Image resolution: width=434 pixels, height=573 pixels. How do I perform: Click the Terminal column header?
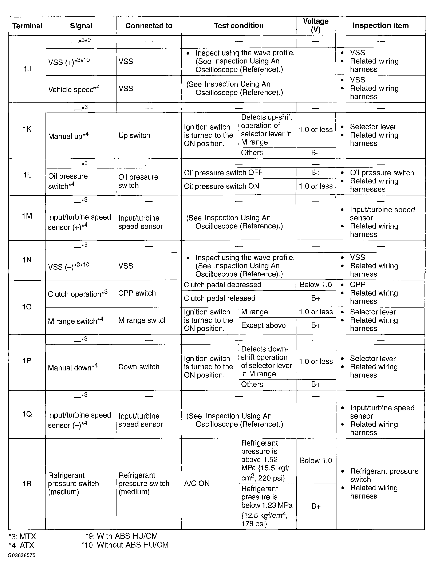[x=27, y=26]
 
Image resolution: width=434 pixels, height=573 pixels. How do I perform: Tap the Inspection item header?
[x=380, y=25]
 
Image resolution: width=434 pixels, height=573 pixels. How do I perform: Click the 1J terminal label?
[x=27, y=69]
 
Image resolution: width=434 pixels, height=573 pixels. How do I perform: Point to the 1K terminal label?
[x=27, y=129]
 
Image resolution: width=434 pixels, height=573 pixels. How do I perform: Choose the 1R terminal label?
[x=27, y=484]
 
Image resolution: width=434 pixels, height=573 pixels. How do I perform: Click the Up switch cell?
[x=134, y=135]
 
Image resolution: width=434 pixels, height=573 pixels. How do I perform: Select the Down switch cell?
[x=139, y=367]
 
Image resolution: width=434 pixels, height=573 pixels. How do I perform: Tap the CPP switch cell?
[x=137, y=293]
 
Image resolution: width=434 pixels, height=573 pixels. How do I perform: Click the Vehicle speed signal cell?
[x=74, y=89]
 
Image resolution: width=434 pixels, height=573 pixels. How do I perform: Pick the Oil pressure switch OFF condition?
[x=223, y=173]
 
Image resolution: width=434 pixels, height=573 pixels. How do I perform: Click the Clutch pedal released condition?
[x=220, y=298]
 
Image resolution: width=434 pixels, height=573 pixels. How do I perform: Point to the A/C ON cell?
[x=197, y=483]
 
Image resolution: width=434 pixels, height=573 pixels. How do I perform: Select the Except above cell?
[x=263, y=325]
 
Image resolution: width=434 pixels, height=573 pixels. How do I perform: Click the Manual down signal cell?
[x=73, y=367]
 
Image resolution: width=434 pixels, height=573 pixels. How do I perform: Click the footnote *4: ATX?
[x=21, y=545]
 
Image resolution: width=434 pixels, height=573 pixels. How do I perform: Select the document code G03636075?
[x=21, y=555]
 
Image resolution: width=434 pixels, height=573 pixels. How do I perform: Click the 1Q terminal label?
[x=27, y=414]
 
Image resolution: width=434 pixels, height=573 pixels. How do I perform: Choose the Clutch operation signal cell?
[x=78, y=294]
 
